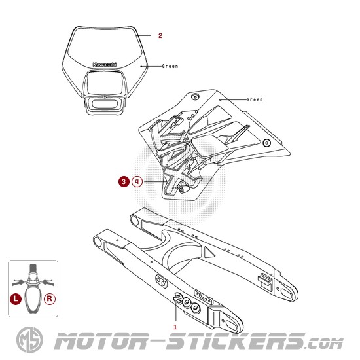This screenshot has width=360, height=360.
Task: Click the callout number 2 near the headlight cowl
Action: pyautogui.click(x=160, y=35)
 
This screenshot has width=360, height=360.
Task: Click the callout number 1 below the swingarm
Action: pyautogui.click(x=175, y=327)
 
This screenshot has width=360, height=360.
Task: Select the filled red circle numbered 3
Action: pyautogui.click(x=124, y=181)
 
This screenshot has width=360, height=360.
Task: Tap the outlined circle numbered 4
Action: pyautogui.click(x=137, y=181)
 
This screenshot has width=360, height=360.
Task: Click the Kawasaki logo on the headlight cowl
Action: pyautogui.click(x=105, y=65)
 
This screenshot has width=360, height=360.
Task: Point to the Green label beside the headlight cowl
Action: pyautogui.click(x=170, y=66)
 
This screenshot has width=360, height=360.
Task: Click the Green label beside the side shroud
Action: pyautogui.click(x=255, y=99)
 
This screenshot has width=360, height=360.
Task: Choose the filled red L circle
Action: pyautogui.click(x=16, y=298)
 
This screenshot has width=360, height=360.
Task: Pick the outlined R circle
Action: pyautogui.click(x=50, y=298)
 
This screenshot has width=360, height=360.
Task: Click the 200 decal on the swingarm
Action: pyautogui.click(x=187, y=302)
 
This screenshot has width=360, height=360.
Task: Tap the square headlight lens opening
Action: pyautogui.click(x=105, y=82)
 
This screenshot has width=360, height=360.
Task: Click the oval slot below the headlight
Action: pyautogui.click(x=105, y=104)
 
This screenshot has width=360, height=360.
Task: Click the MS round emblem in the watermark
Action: pyautogui.click(x=29, y=340)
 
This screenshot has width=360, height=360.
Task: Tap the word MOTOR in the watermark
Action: pyautogui.click(x=101, y=341)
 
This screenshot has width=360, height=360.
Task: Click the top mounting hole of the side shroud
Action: pyautogui.click(x=195, y=97)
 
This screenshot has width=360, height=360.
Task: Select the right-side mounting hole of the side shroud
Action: pyautogui.click(x=266, y=143)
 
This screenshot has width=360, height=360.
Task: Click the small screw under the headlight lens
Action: pyautogui.click(x=105, y=97)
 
